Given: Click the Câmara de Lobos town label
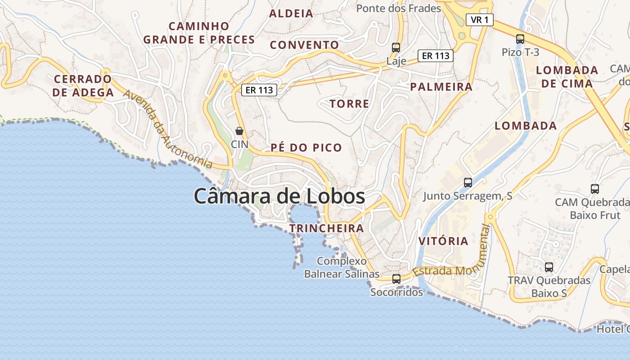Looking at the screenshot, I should coord(279,196).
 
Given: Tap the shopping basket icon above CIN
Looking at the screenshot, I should coord(239,131).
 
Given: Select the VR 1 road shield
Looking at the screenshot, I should coord(480,20).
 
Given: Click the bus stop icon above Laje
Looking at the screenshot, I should coord(396,47).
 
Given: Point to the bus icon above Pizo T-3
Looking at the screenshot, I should coord(520,39).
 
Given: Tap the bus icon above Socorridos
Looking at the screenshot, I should coord(396,279).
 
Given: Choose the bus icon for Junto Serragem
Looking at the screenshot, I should coord(468,182).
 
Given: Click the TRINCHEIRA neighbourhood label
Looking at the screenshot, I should coord(327,228).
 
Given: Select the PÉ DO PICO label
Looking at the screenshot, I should coord(306,148).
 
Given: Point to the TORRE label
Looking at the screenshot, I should coord(349,104).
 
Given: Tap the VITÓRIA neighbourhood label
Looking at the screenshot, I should coord(443,241).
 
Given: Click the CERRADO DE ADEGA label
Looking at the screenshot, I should coord(83,86).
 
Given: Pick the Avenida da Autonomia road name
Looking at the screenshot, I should coord(167,129).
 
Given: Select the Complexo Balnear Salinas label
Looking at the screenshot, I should coord(342,267).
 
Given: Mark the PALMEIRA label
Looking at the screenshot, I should coord(441,87).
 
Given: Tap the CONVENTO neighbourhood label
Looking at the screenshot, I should coord(304,45).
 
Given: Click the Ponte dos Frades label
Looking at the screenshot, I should coord(399,8).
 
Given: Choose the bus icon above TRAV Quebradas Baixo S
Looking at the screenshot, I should coord(549,267).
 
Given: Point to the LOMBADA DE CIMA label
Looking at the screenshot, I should coord(567,76).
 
